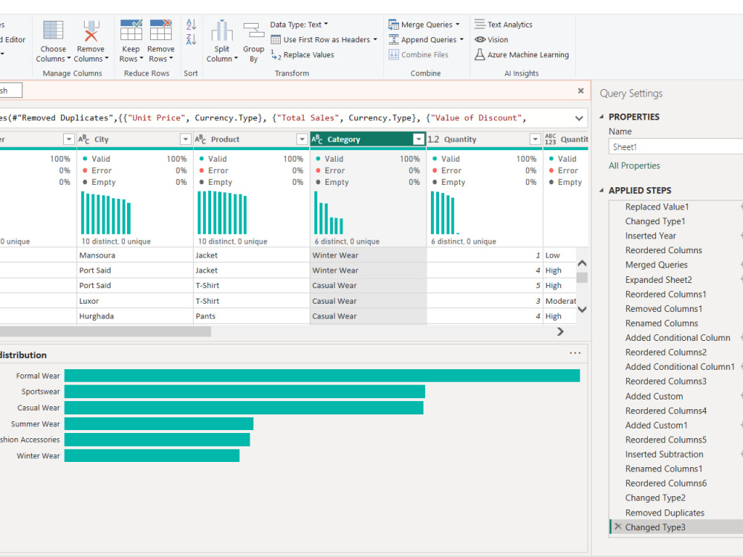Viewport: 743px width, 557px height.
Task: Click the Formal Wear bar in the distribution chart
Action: (x=322, y=376)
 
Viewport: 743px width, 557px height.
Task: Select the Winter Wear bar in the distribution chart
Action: (x=152, y=456)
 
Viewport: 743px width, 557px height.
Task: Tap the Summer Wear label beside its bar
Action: (x=36, y=424)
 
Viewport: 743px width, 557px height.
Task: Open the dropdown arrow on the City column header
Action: (x=185, y=140)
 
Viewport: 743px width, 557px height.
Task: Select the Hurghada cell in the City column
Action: (x=97, y=316)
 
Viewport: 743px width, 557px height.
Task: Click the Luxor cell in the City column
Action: (x=89, y=301)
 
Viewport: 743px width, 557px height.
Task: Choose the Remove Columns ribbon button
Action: (x=92, y=42)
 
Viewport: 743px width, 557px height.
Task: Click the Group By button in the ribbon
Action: (x=253, y=42)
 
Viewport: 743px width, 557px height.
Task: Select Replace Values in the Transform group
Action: (x=302, y=55)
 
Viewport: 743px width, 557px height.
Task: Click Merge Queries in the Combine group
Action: (x=424, y=25)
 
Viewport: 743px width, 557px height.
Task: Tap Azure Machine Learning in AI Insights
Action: (x=522, y=55)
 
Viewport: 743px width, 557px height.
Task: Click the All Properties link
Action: (x=635, y=166)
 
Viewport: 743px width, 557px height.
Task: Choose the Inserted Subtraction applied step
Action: (x=664, y=455)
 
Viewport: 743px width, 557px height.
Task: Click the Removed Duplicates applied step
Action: (x=665, y=512)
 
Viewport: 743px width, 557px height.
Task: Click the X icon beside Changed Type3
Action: (x=618, y=527)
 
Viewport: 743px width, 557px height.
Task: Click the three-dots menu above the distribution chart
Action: (x=575, y=353)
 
